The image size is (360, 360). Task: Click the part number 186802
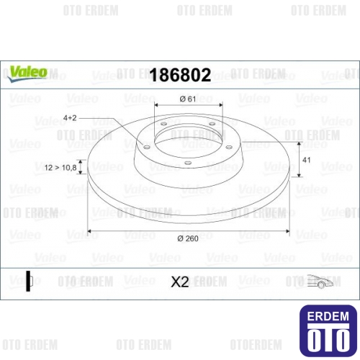coord(179,75)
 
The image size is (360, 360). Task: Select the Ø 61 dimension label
coord(189,99)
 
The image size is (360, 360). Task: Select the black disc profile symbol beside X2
coord(30,282)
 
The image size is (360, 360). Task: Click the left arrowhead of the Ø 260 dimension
coord(90,230)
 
